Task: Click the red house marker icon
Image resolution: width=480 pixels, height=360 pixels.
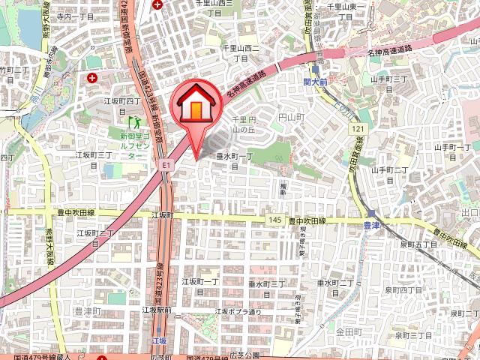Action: coord(196,106)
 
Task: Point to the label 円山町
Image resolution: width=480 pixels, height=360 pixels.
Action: coord(289,118)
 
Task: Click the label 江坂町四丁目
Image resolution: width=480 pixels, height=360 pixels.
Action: coord(122,100)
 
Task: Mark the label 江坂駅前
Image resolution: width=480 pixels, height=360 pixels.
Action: coord(157,310)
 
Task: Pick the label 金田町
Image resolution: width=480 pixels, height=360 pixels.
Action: coord(349,331)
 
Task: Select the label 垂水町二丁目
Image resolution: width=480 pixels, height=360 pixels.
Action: coord(334,287)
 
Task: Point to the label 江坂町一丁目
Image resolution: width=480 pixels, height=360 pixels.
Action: coord(199,286)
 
